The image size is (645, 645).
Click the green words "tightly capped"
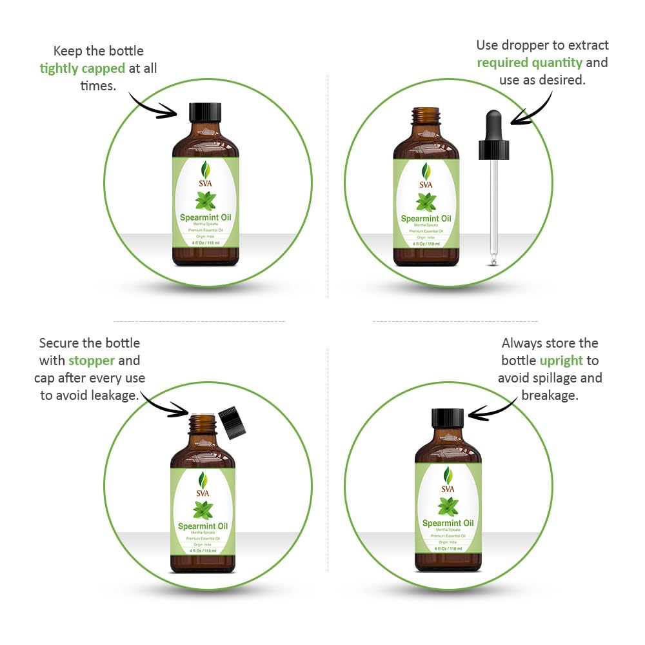tap(82, 68)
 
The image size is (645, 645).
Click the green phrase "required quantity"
tap(530, 63)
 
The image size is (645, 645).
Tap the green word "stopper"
tap(92, 361)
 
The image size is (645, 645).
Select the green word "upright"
tap(561, 361)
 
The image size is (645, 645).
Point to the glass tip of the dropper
tap(493, 258)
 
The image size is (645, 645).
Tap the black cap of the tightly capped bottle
tap(205, 113)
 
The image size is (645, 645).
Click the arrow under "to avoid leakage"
tap(164, 403)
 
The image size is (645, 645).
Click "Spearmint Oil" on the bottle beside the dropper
tap(426, 219)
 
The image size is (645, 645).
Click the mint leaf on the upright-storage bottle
tap(448, 507)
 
